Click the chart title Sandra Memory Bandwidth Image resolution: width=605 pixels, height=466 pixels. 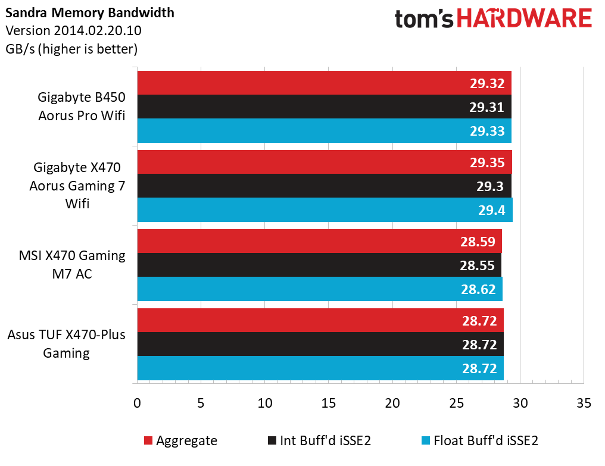tap(90, 12)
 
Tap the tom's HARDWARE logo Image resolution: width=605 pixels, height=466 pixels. tap(493, 18)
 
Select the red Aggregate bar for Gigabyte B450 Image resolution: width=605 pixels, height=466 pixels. tap(324, 83)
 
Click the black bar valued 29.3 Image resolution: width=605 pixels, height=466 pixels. tap(324, 186)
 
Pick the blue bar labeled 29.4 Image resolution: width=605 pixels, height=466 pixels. tap(325, 210)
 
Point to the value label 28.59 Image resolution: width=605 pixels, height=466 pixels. tap(478, 242)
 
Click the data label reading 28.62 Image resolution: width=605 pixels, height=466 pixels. tap(478, 289)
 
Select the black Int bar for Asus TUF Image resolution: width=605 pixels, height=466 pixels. tap(320, 344)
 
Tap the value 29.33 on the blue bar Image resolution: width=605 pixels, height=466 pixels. tap(487, 131)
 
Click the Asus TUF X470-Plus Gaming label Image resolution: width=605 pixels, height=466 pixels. tap(66, 344)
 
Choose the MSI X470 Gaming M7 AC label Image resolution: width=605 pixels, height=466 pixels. tap(72, 265)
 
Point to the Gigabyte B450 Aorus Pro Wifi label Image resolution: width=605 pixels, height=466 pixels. tap(82, 106)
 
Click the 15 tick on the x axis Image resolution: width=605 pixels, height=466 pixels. tap(328, 403)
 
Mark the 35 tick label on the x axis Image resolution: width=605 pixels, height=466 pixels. tap(584, 403)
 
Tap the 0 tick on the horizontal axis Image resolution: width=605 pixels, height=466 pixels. tap(137, 403)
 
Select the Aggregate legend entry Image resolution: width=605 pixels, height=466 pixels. tap(180, 440)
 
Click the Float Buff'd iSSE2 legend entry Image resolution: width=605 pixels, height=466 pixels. tap(479, 440)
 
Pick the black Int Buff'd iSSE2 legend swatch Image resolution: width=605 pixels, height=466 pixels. tap(272, 440)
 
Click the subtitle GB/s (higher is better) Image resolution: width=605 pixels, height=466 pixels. tap(71, 49)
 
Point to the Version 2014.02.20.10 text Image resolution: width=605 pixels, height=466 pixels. tap(73, 30)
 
